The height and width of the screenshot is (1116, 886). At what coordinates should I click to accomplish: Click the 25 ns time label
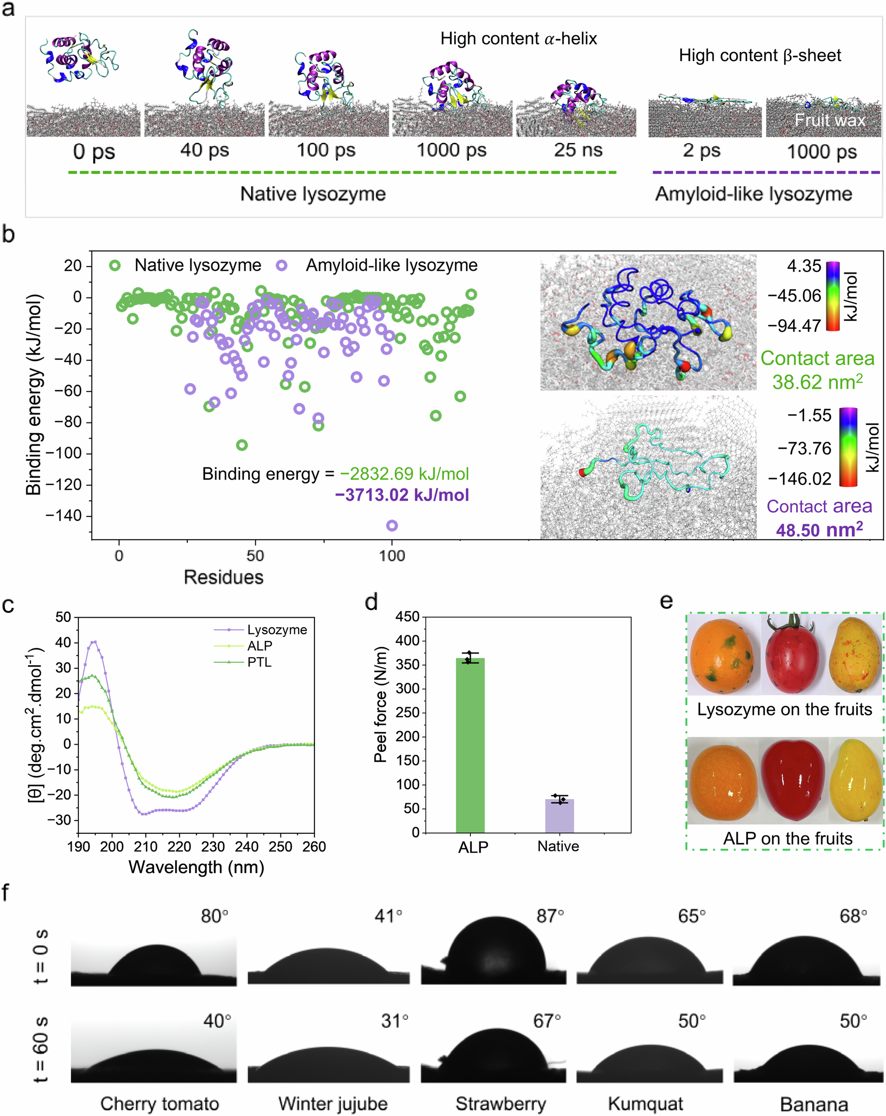coord(578,150)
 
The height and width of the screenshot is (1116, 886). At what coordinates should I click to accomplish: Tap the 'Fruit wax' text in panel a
coord(829,120)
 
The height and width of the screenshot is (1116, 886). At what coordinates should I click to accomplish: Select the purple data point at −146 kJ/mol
coord(392,526)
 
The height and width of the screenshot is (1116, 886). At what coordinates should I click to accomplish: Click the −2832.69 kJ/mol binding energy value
coord(404,474)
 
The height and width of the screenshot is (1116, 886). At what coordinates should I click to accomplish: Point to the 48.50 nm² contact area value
coord(819,530)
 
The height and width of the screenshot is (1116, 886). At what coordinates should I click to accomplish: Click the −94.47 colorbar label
coord(794,326)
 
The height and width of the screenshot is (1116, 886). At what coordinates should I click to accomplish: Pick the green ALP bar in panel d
coord(470,745)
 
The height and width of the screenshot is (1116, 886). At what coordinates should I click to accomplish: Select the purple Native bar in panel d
coord(559,816)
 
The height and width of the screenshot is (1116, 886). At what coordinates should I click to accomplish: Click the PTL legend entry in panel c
coord(259,662)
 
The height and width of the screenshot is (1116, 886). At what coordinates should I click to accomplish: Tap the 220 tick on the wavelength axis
coord(179,847)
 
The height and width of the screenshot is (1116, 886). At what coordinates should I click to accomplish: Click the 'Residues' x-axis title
coord(223,577)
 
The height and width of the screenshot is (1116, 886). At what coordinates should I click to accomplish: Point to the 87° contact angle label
coord(549,916)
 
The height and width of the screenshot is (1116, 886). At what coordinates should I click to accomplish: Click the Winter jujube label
coord(333,1103)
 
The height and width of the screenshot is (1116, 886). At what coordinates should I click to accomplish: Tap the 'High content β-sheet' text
coord(759,55)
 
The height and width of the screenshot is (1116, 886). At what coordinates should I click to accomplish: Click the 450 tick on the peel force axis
coord(407,617)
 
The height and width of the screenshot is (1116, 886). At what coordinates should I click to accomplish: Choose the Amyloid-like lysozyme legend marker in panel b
coord(281,266)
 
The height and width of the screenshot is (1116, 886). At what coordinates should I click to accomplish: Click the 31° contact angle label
coord(394,1021)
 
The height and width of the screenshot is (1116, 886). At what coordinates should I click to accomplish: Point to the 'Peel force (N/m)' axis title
coord(380,704)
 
